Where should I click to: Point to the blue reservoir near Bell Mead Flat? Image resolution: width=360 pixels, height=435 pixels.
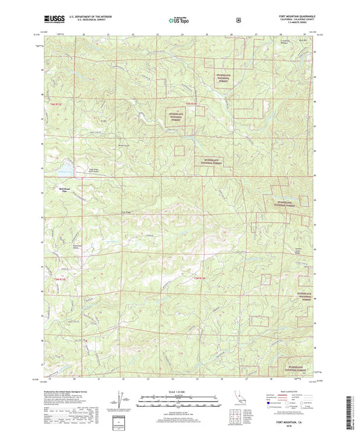(62, 165)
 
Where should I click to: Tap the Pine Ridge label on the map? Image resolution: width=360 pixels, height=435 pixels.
(124, 211)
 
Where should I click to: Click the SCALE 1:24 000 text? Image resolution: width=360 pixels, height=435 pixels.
(179, 393)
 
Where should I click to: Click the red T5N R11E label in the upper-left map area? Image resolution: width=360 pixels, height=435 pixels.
(55, 104)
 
